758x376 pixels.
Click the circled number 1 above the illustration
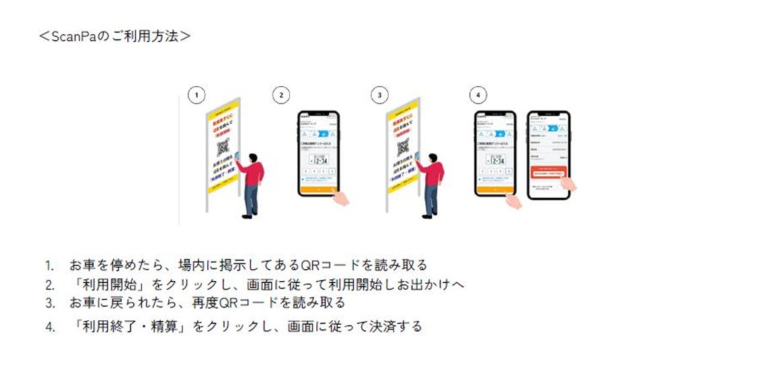196,96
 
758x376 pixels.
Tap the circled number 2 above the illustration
281,96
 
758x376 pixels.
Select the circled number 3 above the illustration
379,96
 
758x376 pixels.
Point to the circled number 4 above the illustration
478,96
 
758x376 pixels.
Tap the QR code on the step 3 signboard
404,147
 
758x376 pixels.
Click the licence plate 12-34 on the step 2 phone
319,160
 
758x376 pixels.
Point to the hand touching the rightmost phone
568,184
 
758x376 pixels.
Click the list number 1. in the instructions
49,265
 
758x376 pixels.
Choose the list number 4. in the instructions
49,328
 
